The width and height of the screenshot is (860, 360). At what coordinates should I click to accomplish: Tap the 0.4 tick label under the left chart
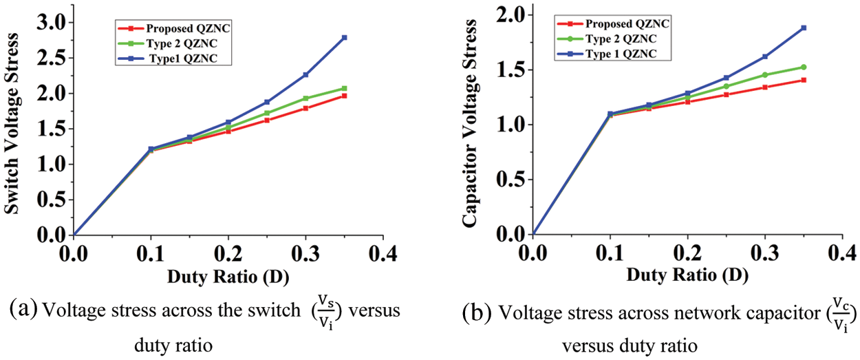coord(383,254)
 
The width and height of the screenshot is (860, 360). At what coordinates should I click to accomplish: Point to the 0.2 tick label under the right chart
coord(687,254)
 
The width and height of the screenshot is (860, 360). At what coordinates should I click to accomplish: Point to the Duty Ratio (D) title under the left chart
coord(227,277)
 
